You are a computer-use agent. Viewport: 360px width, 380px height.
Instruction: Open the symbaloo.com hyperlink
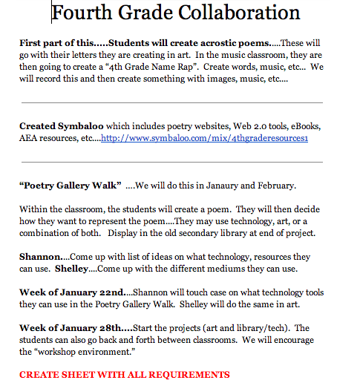pos(205,138)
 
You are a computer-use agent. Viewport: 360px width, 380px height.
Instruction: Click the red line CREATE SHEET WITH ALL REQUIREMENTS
pos(125,375)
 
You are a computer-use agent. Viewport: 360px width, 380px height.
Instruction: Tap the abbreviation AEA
pos(30,138)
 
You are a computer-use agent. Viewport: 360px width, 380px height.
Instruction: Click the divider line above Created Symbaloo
pos(171,102)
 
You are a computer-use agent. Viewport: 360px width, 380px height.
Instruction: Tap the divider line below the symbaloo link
pos(171,161)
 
